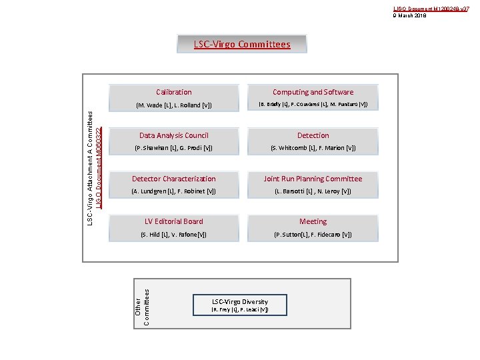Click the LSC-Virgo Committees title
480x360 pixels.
[x=242, y=45]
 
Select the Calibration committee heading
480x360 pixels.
[x=173, y=92]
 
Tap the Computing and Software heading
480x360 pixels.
[x=313, y=92]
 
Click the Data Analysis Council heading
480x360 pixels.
[x=173, y=135]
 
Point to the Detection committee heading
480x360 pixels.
[x=313, y=135]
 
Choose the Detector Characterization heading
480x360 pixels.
[x=173, y=179]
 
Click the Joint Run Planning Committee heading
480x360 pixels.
[x=313, y=179]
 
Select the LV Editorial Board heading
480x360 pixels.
[x=173, y=221]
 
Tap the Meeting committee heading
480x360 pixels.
[x=313, y=221]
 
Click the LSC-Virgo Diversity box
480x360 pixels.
[x=240, y=305]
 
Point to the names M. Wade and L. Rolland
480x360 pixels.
[x=173, y=105]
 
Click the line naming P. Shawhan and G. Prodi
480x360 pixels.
[x=173, y=148]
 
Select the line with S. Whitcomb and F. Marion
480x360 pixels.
[x=313, y=148]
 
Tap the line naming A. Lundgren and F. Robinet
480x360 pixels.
[x=173, y=191]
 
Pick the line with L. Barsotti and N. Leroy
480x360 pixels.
[x=313, y=191]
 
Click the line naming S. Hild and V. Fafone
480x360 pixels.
[x=173, y=235]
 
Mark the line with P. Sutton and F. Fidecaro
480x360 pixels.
[x=313, y=235]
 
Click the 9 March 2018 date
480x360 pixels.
[x=411, y=14]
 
